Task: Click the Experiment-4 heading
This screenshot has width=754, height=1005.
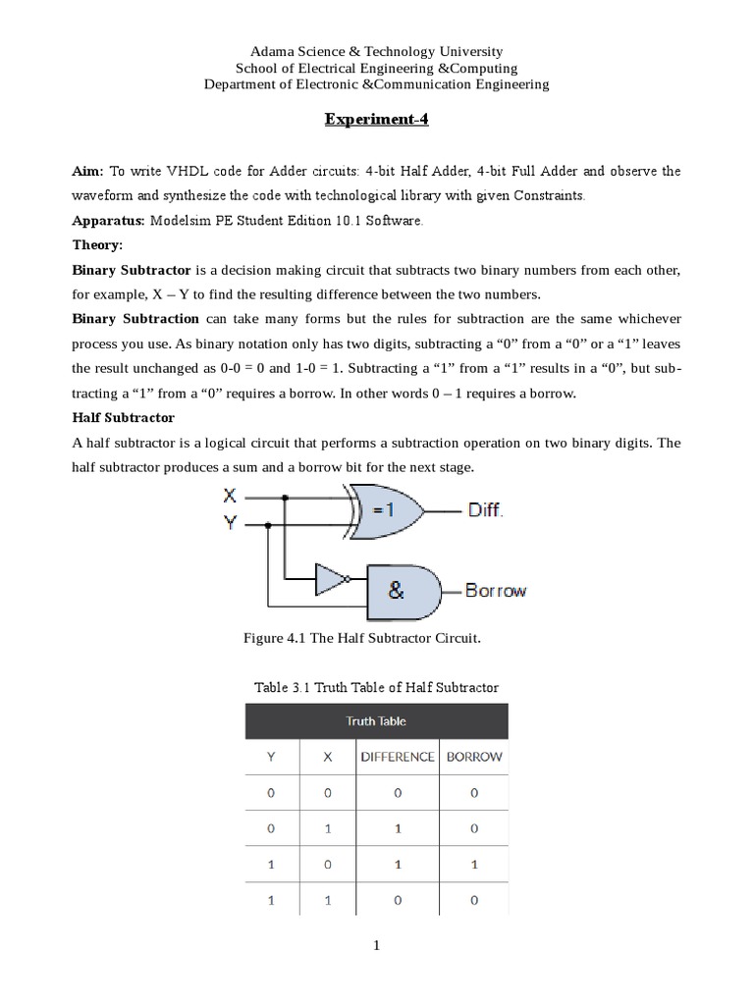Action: pyautogui.click(x=377, y=121)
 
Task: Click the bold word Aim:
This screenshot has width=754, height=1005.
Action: pyautogui.click(x=88, y=171)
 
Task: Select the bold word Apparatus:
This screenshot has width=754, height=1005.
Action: pyautogui.click(x=108, y=221)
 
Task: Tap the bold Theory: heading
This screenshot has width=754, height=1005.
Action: pyautogui.click(x=98, y=244)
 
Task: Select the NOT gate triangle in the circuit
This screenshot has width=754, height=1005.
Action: pyautogui.click(x=330, y=579)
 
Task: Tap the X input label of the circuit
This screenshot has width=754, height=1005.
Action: pyautogui.click(x=230, y=497)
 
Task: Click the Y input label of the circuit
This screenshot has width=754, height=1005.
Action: pyautogui.click(x=230, y=524)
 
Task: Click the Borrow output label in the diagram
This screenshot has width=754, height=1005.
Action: pyautogui.click(x=495, y=591)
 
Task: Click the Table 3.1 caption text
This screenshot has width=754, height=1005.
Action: pyautogui.click(x=376, y=687)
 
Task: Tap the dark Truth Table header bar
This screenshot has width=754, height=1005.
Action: pyautogui.click(x=376, y=721)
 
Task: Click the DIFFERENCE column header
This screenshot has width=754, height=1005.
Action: pyautogui.click(x=397, y=757)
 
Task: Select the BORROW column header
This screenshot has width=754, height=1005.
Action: pyautogui.click(x=474, y=757)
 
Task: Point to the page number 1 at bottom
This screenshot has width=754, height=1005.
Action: pyautogui.click(x=376, y=946)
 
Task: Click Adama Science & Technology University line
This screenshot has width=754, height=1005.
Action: pyautogui.click(x=377, y=51)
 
